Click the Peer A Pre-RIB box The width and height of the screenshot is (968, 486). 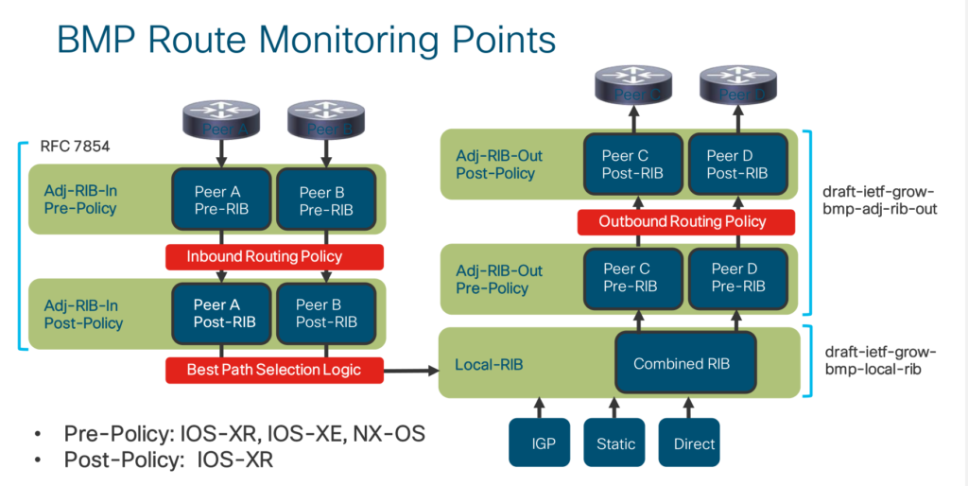pos(221,200)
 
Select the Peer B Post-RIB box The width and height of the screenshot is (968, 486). pos(326,313)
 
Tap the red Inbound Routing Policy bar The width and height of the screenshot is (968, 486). pos(274,256)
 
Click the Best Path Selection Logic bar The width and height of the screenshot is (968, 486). pos(274,370)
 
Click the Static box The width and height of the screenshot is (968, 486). pos(615,443)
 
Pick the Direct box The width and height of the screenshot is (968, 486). pos(694,443)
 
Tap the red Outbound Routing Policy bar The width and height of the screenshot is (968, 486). pos(685,222)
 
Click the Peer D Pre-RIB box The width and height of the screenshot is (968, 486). pos(737,277)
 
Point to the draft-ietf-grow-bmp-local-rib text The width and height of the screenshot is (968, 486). pos(880,360)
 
